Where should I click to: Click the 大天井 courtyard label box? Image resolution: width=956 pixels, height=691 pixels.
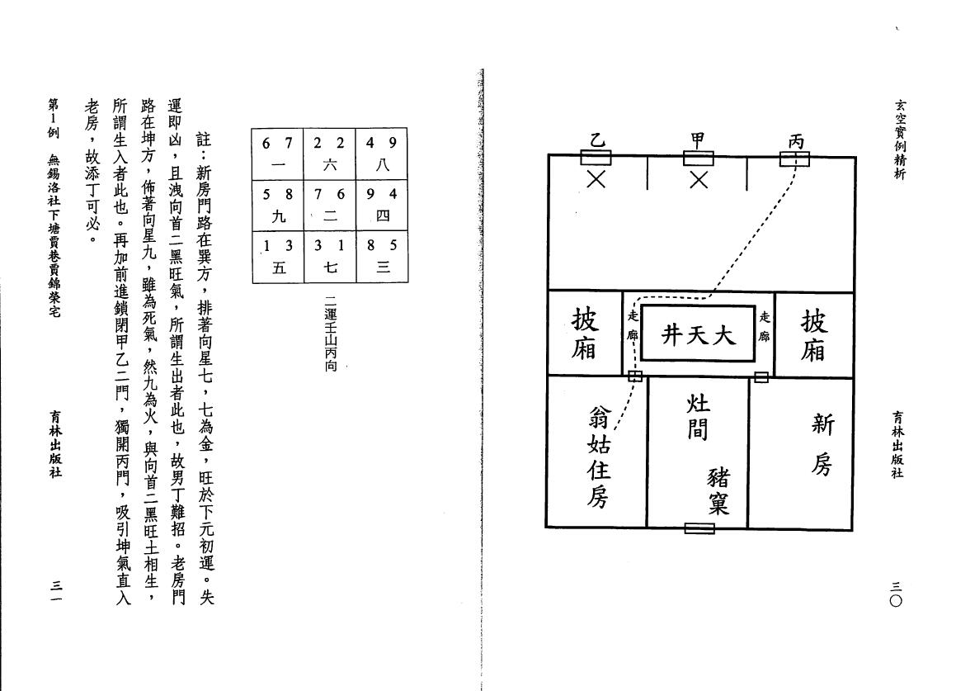(699, 334)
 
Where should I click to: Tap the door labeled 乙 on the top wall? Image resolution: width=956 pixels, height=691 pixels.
(596, 159)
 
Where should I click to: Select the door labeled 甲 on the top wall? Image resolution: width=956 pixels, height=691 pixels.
(698, 159)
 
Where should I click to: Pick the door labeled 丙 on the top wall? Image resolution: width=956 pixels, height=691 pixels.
(794, 159)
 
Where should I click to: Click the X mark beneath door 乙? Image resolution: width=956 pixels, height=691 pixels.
(596, 179)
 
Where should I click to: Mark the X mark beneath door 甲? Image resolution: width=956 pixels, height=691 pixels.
(699, 179)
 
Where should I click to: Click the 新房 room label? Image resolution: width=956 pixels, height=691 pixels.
(822, 444)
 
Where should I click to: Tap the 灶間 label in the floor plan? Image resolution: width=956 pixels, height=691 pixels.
(698, 418)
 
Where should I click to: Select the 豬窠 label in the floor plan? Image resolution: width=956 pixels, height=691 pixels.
(718, 490)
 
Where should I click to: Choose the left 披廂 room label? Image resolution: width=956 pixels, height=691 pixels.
(584, 334)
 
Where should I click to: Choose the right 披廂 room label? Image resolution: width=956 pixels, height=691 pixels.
(813, 335)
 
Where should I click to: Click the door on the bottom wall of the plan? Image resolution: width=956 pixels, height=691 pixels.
(699, 528)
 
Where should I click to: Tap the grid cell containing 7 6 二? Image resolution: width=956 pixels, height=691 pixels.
(330, 206)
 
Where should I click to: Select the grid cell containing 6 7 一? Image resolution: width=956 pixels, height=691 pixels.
(278, 154)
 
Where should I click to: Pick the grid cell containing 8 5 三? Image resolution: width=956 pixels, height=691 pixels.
(382, 257)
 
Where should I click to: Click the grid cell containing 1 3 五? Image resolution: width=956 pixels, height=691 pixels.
(278, 257)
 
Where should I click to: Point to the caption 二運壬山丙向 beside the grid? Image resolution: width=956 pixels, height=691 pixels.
(331, 334)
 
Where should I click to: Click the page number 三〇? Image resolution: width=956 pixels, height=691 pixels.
(896, 594)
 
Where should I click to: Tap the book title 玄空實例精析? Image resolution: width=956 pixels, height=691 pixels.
(900, 140)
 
